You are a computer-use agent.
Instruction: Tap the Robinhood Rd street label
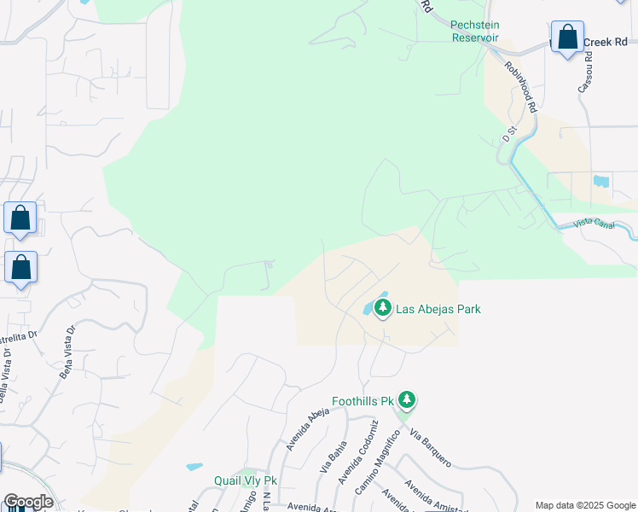519,88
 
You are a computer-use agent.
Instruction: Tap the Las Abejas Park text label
438,309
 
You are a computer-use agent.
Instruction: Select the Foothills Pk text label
362,400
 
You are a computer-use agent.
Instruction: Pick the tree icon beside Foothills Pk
408,399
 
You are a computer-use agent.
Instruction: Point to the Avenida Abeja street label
307,428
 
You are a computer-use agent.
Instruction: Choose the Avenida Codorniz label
357,452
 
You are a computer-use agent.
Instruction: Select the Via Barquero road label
430,447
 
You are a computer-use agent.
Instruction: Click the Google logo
28,502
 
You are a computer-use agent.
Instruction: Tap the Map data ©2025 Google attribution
584,505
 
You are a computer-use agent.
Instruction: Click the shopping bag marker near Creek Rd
567,38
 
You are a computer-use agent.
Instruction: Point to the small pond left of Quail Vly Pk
194,468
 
